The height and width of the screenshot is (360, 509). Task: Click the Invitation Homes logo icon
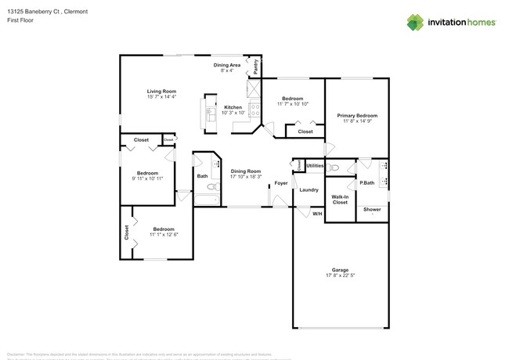coord(415,23)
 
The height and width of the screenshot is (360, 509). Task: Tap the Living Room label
coord(161,91)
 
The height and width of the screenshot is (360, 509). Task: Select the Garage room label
coord(340,269)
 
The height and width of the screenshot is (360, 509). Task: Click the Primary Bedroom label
coord(357,115)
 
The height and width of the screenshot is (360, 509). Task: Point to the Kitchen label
coord(233,107)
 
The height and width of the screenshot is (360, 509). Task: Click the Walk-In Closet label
coord(340,200)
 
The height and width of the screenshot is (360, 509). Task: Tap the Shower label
coord(372,210)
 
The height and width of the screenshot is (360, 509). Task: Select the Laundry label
coord(309,189)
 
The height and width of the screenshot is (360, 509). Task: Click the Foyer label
coord(280,183)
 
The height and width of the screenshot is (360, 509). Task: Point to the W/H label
coord(317,213)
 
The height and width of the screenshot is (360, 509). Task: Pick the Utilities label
coord(315,166)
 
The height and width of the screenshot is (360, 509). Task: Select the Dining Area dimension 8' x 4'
coord(226,70)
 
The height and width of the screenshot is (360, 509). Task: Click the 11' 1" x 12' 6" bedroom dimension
coord(165,235)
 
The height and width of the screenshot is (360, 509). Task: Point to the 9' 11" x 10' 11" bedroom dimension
coord(148,178)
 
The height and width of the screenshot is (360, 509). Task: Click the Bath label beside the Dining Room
coord(202,176)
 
